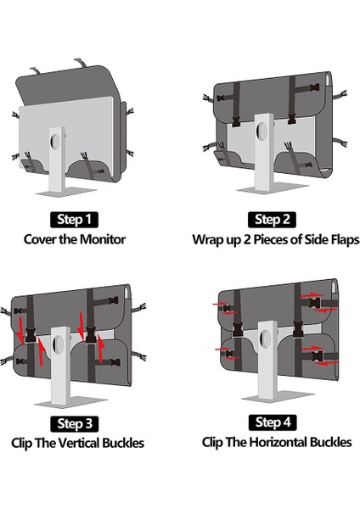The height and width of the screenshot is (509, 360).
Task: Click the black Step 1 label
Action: point(74,220)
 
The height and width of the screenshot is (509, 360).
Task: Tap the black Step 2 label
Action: point(272,220)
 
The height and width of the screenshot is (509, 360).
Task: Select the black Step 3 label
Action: point(75,423)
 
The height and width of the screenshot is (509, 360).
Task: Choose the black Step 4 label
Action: point(273,422)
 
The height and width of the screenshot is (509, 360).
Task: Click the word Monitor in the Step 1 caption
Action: point(103,239)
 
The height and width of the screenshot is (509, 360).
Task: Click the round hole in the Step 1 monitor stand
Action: point(55,142)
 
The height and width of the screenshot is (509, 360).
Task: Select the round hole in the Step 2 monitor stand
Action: point(262,131)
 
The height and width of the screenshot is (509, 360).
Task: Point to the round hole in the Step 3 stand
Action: point(59,344)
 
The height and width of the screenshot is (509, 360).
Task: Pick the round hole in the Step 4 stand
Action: point(266,339)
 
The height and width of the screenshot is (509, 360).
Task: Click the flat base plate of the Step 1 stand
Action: point(66,193)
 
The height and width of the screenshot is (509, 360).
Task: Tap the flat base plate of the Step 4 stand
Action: point(278,396)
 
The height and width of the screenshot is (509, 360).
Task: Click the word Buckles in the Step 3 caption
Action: point(123,443)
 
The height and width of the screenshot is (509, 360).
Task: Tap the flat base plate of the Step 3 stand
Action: point(70,402)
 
